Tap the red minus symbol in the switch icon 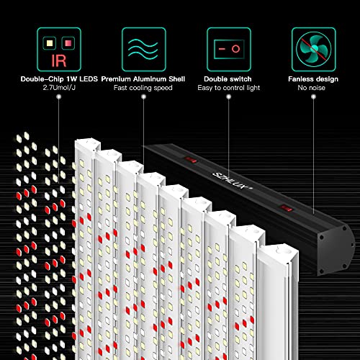220,48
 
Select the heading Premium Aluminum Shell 142,79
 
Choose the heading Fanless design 312,79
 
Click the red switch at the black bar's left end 192,154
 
